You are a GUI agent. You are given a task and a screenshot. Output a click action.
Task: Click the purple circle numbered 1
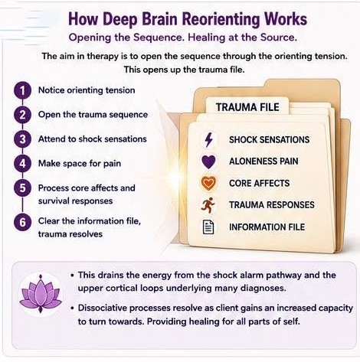click(x=22, y=90)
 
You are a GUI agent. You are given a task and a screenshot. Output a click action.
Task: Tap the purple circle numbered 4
click(x=22, y=164)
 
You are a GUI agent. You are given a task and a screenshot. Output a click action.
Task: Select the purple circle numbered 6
click(x=22, y=222)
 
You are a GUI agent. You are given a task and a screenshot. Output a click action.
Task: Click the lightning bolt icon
click(x=209, y=139)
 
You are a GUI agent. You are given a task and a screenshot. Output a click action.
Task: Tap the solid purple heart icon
click(x=208, y=161)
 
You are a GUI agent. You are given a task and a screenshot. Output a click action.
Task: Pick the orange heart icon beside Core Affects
click(x=208, y=183)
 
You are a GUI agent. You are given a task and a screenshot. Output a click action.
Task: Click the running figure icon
click(x=208, y=205)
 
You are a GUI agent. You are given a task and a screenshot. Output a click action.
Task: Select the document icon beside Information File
click(x=208, y=227)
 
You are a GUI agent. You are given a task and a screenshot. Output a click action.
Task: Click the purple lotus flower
click(x=41, y=294)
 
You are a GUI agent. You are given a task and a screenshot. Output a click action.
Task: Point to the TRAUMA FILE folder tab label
click(x=247, y=107)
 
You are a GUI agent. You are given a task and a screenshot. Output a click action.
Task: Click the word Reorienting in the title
click(x=220, y=19)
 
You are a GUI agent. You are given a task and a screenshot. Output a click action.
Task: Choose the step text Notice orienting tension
click(x=87, y=90)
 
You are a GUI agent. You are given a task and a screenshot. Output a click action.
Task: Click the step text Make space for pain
click(x=80, y=164)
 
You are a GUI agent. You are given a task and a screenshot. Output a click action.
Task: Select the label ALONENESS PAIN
click(x=263, y=161)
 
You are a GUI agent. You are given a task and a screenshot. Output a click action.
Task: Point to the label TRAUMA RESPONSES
click(x=272, y=205)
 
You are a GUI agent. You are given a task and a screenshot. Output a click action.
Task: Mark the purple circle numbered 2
click(x=22, y=115)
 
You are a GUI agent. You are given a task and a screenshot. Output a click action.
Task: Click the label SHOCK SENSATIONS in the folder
click(x=269, y=139)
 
